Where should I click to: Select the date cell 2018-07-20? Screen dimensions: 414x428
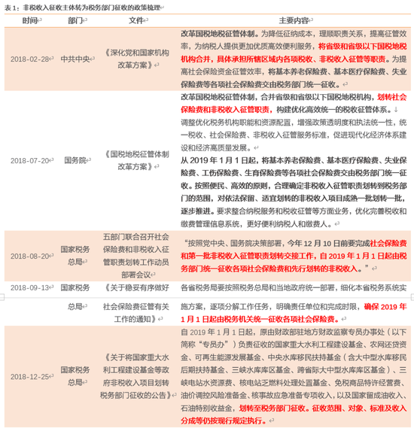click(31, 160)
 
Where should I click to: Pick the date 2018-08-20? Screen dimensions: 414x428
click(31, 256)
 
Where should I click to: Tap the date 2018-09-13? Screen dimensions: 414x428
click(31, 287)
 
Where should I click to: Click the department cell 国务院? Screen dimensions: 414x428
click(76, 160)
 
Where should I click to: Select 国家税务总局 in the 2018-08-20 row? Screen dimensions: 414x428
click(76, 256)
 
